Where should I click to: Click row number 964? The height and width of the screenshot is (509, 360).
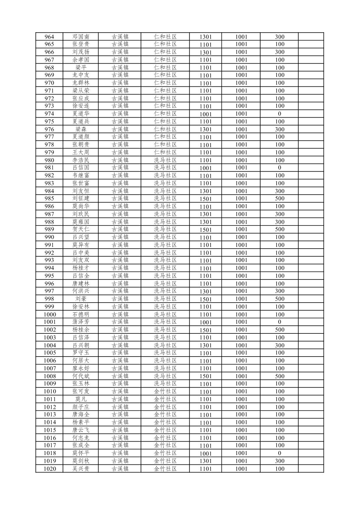pyautogui.click(x=49, y=37)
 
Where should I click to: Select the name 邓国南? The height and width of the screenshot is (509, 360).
pyautogui.click(x=81, y=37)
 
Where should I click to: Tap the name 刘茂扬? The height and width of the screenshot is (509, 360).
pyautogui.click(x=81, y=52)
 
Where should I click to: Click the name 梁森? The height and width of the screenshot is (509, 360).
pyautogui.click(x=81, y=129)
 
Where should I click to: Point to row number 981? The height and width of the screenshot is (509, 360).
pyautogui.click(x=49, y=168)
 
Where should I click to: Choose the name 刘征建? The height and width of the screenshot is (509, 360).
pyautogui.click(x=81, y=198)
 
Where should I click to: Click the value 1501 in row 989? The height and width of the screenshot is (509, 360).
pyautogui.click(x=206, y=230)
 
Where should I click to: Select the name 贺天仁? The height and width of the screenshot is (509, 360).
pyautogui.click(x=81, y=230)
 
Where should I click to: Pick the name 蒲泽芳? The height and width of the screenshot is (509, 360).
pyautogui.click(x=81, y=322)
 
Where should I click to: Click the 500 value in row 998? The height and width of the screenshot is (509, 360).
pyautogui.click(x=280, y=299)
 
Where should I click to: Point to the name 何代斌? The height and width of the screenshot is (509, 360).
pyautogui.click(x=81, y=376)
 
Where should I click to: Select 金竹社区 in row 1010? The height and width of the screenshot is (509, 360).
pyautogui.click(x=165, y=391)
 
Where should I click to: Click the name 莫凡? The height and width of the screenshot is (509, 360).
pyautogui.click(x=81, y=399)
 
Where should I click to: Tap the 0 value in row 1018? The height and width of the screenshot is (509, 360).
pyautogui.click(x=280, y=453)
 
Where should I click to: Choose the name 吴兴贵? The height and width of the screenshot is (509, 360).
pyautogui.click(x=81, y=469)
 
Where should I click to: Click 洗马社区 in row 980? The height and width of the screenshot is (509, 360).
pyautogui.click(x=165, y=160)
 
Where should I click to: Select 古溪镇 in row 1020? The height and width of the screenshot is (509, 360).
pyautogui.click(x=120, y=469)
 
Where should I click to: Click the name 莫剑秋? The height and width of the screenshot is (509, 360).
pyautogui.click(x=81, y=461)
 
